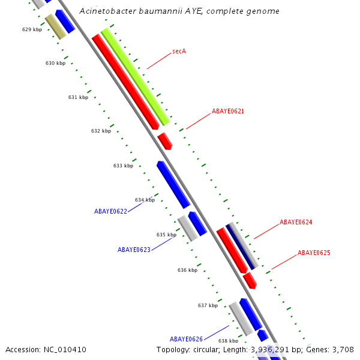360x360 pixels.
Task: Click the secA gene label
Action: [x=179, y=51]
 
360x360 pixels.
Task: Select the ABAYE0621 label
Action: [x=227, y=112]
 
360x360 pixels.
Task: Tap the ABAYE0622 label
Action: [x=110, y=211]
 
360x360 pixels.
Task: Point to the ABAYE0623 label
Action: [x=134, y=250]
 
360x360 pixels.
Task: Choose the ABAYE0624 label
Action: [x=296, y=222]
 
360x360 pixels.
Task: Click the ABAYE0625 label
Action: [x=314, y=253]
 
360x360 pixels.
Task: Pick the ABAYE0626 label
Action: [x=186, y=339]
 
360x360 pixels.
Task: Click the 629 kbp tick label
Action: [x=32, y=29]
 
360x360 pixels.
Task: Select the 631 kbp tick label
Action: [x=78, y=97]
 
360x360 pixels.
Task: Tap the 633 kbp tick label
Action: [x=123, y=166]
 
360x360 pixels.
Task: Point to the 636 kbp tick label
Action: [x=187, y=270]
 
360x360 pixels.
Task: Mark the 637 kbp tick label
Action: [x=208, y=305]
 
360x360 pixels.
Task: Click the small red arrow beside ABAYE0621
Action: [x=165, y=142]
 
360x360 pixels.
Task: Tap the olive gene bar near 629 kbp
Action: [x=55, y=27]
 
